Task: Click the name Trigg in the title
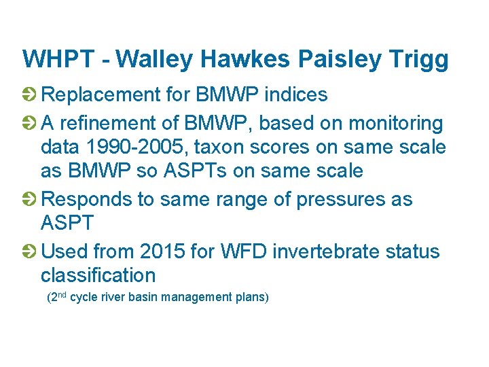420,59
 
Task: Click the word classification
98,275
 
